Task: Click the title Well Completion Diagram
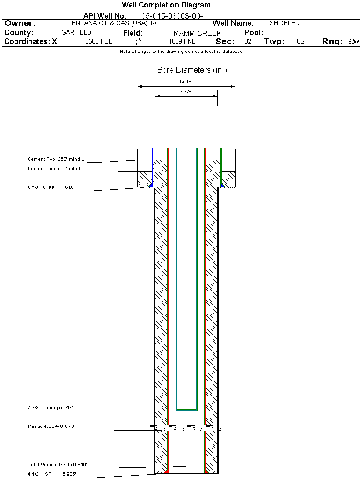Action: pos(166,5)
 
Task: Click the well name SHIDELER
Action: pos(285,23)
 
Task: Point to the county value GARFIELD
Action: pos(76,33)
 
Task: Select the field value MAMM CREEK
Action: pos(198,33)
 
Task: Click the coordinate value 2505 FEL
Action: pos(99,42)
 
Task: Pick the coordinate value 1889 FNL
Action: pos(182,42)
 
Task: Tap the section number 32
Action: pos(248,42)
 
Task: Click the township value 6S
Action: pos(301,42)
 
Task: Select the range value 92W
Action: pos(353,42)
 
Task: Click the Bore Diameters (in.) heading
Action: pos(192,70)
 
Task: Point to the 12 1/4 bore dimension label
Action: pos(186,82)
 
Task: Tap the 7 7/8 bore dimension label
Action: pos(186,92)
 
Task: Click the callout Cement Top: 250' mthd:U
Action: pos(56,160)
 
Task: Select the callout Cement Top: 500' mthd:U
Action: pos(56,169)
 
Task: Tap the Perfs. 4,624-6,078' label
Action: pos(52,426)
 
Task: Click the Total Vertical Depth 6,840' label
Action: pos(58,465)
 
